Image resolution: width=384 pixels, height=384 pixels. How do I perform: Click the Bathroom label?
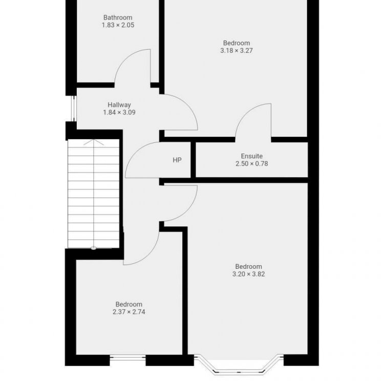[x=118, y=17]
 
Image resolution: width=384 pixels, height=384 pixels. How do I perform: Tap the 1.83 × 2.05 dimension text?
[x=118, y=25]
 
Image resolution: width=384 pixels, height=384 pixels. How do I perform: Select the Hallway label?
[x=119, y=105]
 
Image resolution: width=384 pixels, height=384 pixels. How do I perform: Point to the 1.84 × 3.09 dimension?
[x=119, y=113]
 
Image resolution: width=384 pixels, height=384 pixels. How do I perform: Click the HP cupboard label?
[x=177, y=160]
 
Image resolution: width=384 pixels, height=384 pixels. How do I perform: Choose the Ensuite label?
[x=252, y=156]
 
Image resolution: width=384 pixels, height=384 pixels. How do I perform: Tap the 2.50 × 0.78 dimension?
[x=252, y=164]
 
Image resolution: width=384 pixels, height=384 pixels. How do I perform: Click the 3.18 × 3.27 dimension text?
[x=237, y=51]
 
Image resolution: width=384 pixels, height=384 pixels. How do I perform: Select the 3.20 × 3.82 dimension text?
[x=248, y=274]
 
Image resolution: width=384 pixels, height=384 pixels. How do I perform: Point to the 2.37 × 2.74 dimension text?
[x=129, y=312]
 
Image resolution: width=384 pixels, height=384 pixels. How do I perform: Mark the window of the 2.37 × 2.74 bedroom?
[x=127, y=358]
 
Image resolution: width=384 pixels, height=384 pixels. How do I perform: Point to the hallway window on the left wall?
[x=73, y=108]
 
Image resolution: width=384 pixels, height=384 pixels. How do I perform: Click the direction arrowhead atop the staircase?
[x=93, y=142]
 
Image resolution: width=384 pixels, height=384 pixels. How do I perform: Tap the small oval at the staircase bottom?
[x=94, y=248]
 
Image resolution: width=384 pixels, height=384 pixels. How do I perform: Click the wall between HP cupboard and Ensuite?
[x=193, y=160]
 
